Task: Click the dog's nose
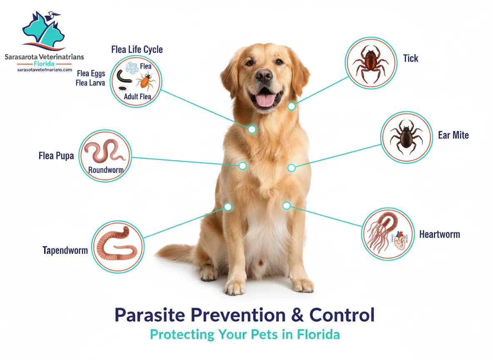pyautogui.click(x=264, y=74)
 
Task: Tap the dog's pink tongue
pyautogui.click(x=265, y=100)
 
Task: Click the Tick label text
pyautogui.click(x=411, y=58)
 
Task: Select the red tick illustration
pyautogui.click(x=371, y=64)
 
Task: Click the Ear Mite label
pyautogui.click(x=453, y=135)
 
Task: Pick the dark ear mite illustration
pyautogui.click(x=406, y=137)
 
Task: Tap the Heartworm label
pyautogui.click(x=440, y=234)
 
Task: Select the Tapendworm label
pyautogui.click(x=65, y=250)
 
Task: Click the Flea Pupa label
pyautogui.click(x=56, y=156)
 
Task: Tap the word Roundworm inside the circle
pyautogui.click(x=106, y=170)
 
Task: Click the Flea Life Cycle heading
pyautogui.click(x=137, y=50)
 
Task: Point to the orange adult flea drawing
pyautogui.click(x=146, y=80)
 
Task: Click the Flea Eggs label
pyautogui.click(x=91, y=73)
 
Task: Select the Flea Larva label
pyautogui.click(x=90, y=83)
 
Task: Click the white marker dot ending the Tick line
pyautogui.click(x=291, y=106)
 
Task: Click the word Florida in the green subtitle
pyautogui.click(x=319, y=334)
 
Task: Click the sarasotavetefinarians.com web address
pyautogui.click(x=45, y=70)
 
